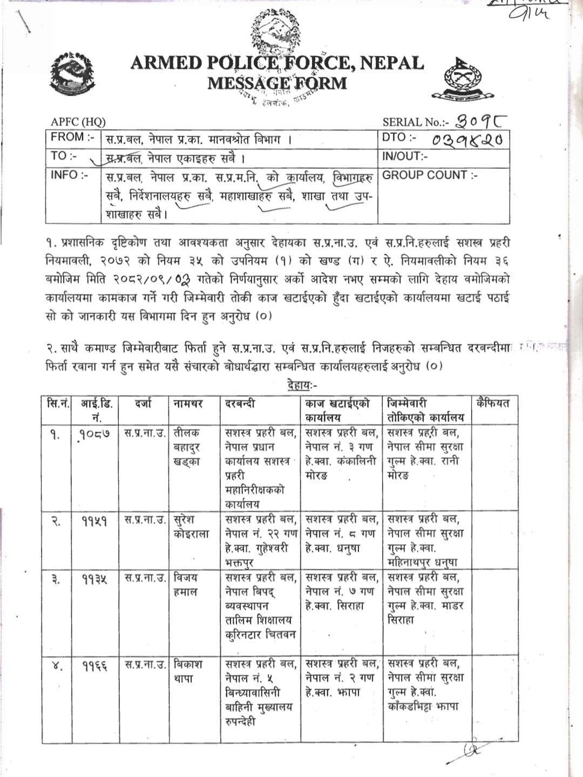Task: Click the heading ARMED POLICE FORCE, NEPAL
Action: coord(277,63)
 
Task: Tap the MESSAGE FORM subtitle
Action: coord(277,83)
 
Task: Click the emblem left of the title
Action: coord(72,75)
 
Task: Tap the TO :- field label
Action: coord(63,156)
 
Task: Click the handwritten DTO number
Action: coord(467,140)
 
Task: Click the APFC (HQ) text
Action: coord(78,122)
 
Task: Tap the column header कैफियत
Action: coord(493,403)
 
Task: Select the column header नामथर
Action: coord(188,403)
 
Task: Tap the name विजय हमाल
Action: coord(186,584)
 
